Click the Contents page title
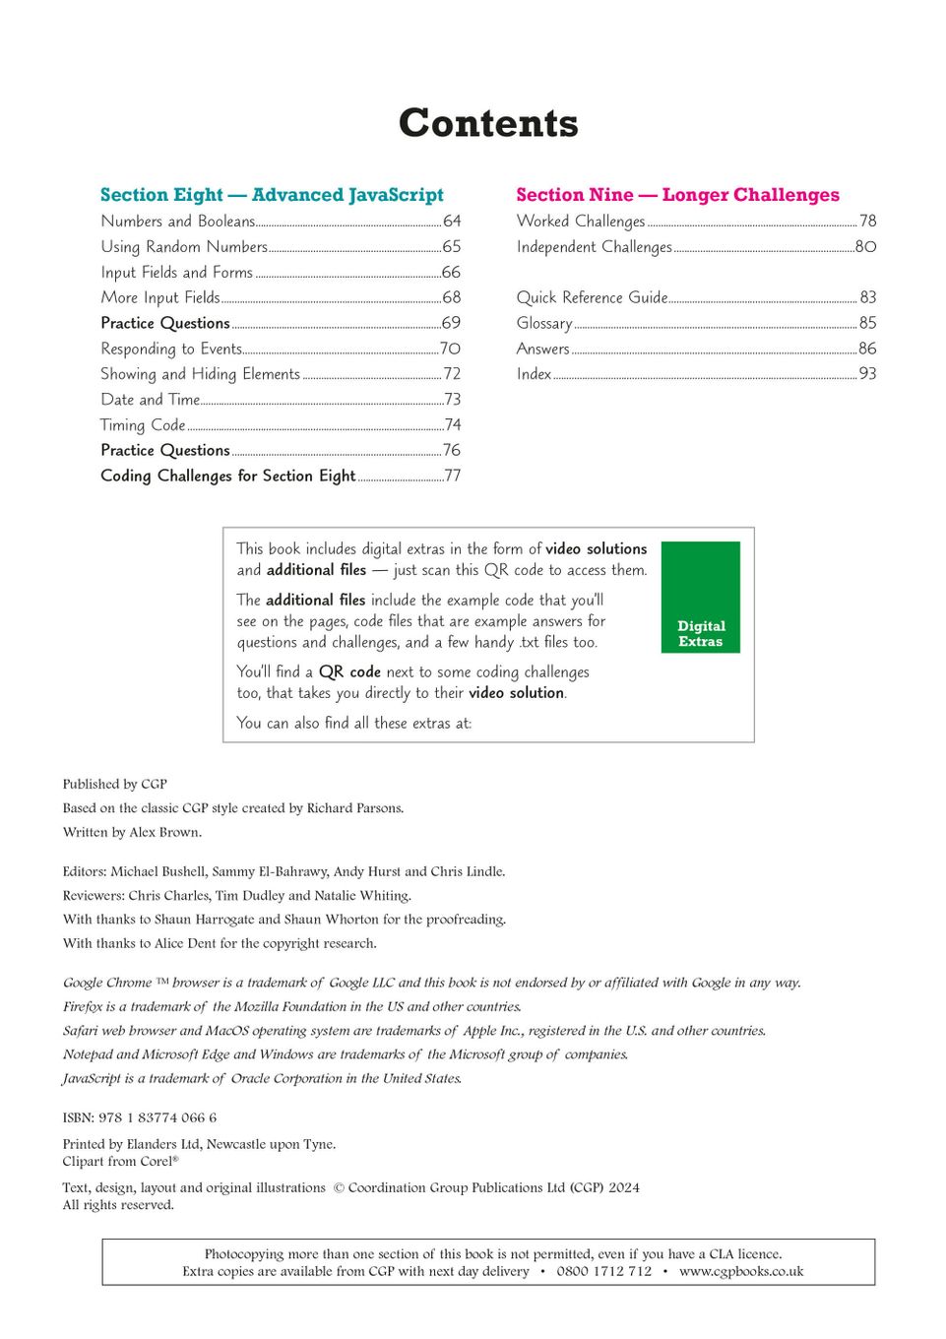pyautogui.click(x=488, y=123)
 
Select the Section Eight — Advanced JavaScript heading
pyautogui.click(x=272, y=195)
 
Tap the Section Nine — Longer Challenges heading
pyautogui.click(x=677, y=195)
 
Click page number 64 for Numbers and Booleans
pyautogui.click(x=452, y=222)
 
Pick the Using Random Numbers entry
pyautogui.click(x=184, y=247)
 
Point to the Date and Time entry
pyautogui.click(x=150, y=400)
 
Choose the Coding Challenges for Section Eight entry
pyautogui.click(x=227, y=476)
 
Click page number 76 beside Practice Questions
pyautogui.click(x=452, y=450)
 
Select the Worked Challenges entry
pyautogui.click(x=581, y=222)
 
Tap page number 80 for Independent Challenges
pyautogui.click(x=865, y=247)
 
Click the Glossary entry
pyautogui.click(x=544, y=323)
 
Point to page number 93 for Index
pyautogui.click(x=867, y=374)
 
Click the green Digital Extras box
pyautogui.click(x=701, y=598)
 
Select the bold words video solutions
pyautogui.click(x=597, y=549)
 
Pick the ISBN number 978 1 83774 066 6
pyautogui.click(x=158, y=1117)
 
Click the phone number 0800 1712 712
pyautogui.click(x=603, y=1271)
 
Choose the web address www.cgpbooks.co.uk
pyautogui.click(x=741, y=1271)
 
